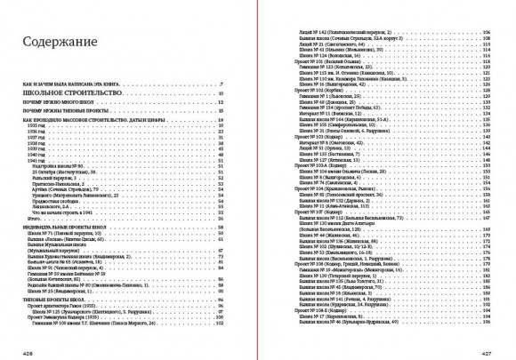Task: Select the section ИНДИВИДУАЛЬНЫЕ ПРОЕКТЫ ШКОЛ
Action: point(67,228)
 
